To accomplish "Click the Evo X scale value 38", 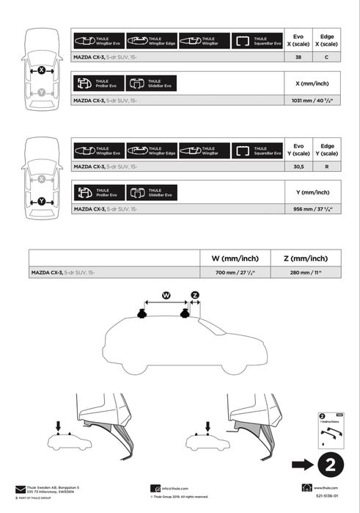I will (x=298, y=56).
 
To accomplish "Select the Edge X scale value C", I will (x=327, y=56).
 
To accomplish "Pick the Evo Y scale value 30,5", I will (x=298, y=167).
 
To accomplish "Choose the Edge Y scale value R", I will (x=327, y=167).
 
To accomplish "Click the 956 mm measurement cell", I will (x=312, y=209).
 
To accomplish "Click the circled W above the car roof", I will (x=166, y=295).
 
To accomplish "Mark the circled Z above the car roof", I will (x=195, y=295).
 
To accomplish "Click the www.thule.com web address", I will (x=325, y=487).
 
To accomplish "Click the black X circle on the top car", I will (x=42, y=70).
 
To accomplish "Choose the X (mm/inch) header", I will (x=312, y=83).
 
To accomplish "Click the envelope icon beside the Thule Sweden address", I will (x=20, y=488).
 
